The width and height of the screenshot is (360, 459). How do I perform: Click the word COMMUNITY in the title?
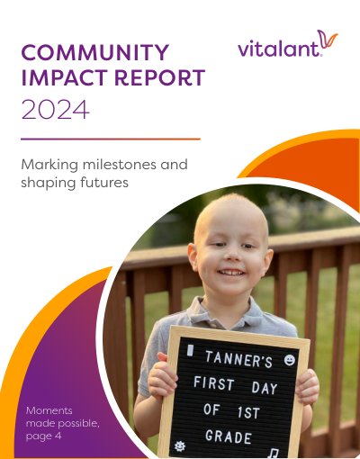click(x=95, y=52)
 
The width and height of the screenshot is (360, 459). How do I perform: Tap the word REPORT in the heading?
click(x=159, y=77)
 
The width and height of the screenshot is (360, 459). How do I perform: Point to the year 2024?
click(x=56, y=110)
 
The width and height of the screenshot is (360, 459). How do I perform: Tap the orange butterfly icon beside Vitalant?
click(x=328, y=39)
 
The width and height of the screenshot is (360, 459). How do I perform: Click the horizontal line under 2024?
click(x=111, y=139)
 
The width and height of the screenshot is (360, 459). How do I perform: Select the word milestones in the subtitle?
click(x=120, y=165)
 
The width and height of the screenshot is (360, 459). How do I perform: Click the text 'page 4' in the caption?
click(x=44, y=436)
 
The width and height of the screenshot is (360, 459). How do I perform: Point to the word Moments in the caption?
click(x=49, y=410)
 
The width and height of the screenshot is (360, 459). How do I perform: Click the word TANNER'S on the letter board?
click(x=238, y=359)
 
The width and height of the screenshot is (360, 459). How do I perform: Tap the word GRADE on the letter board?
click(x=229, y=436)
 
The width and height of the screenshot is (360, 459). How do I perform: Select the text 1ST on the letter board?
click(x=248, y=412)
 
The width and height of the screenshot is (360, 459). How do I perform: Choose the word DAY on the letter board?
click(x=265, y=388)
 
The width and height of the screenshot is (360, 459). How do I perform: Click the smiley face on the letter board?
click(x=290, y=360)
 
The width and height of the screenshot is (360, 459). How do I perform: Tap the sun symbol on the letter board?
click(x=180, y=446)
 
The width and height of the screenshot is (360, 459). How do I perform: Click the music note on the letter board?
click(x=273, y=453)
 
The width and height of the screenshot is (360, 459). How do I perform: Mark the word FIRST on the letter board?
click(x=214, y=383)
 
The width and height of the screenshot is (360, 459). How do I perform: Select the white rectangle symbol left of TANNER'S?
click(x=190, y=350)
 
